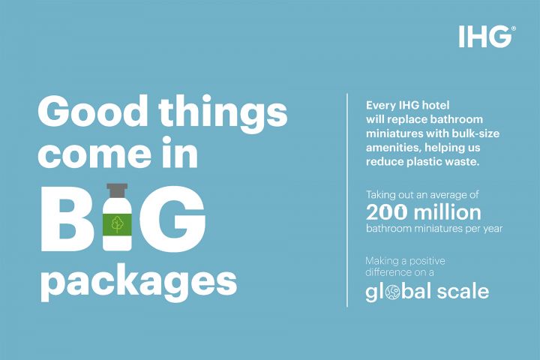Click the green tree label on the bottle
[117, 224]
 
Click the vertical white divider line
[347, 199]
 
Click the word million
[447, 211]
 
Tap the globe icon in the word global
[393, 292]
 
